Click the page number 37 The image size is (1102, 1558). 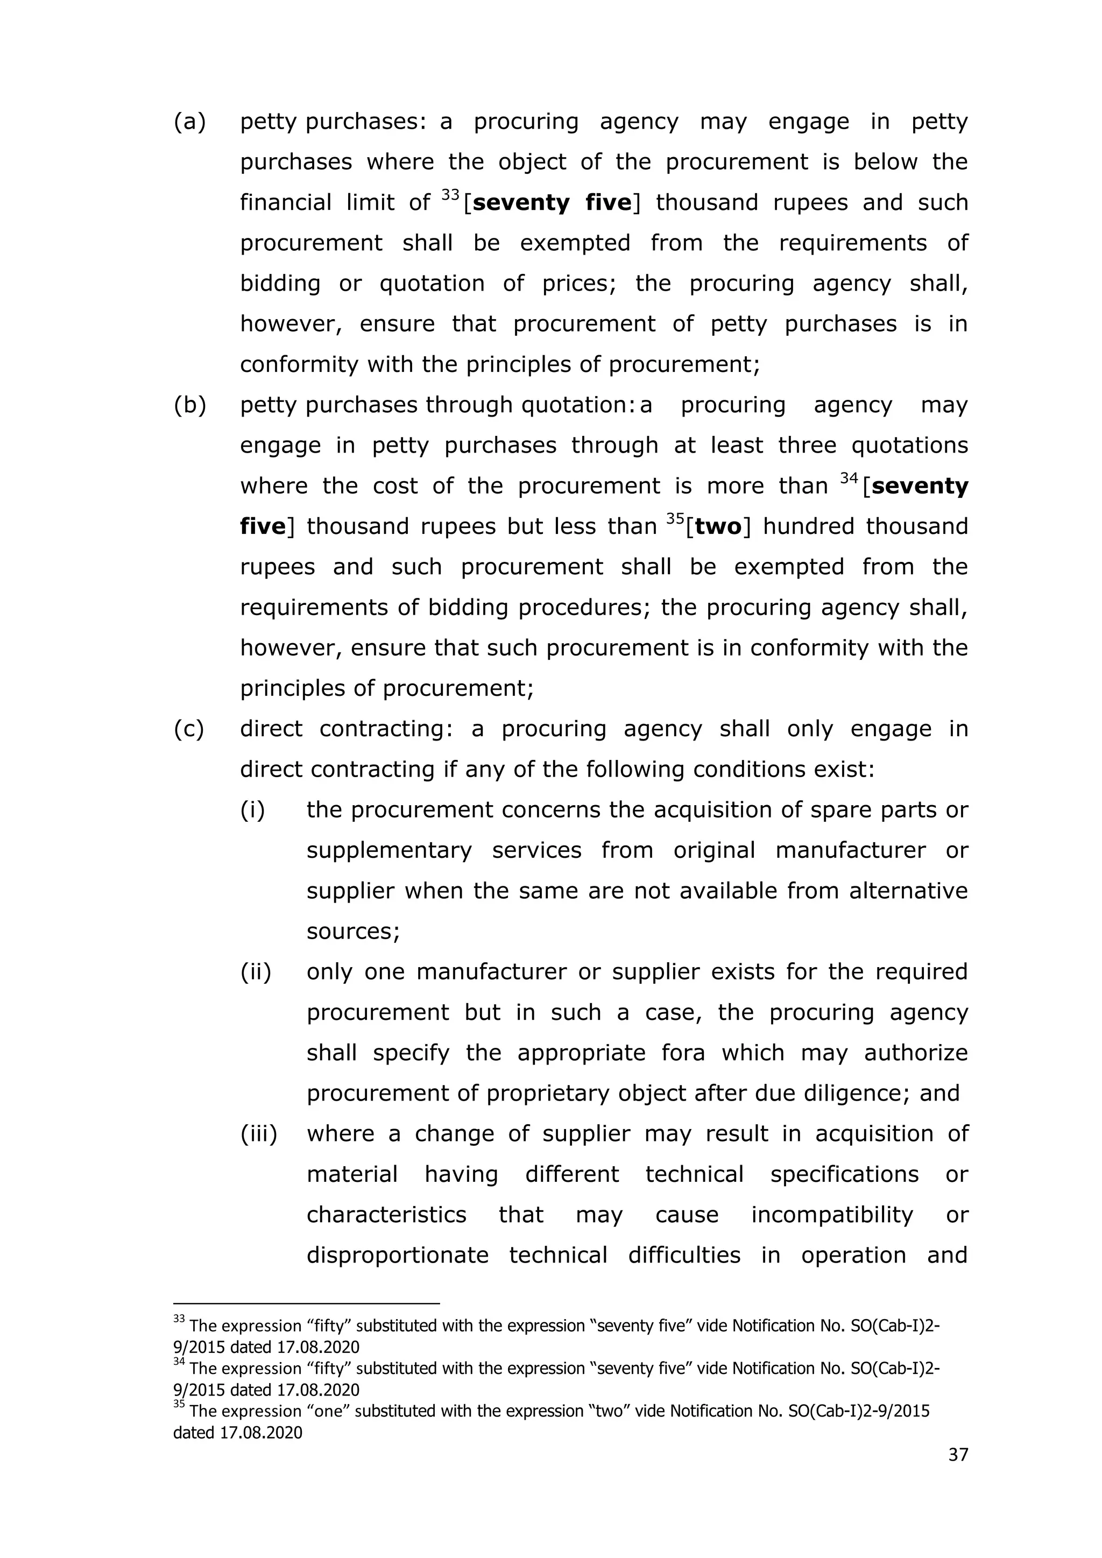tap(957, 1455)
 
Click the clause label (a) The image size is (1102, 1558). tap(189, 122)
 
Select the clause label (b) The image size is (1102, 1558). tap(189, 405)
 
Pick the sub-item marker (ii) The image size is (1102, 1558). tap(255, 972)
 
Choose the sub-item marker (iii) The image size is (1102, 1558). tap(258, 1134)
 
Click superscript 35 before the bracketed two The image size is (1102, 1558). tap(675, 520)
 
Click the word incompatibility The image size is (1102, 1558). tap(832, 1215)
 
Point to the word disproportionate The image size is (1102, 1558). tap(397, 1256)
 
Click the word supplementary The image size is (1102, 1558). tap(389, 850)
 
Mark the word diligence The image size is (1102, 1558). tap(853, 1093)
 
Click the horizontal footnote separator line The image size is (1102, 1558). tap(307, 1303)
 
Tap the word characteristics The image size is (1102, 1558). tap(386, 1215)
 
